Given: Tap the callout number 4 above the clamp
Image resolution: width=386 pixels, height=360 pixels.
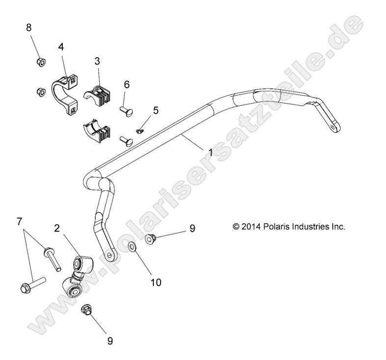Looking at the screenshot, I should click(x=61, y=47).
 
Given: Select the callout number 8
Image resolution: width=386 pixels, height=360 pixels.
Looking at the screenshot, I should click(x=29, y=27).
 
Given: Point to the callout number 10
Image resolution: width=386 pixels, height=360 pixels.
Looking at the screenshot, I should click(x=155, y=282).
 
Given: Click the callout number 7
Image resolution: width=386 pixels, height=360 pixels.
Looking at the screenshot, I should click(x=19, y=222).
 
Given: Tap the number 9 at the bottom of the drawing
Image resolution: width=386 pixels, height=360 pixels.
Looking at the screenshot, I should click(x=110, y=339).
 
